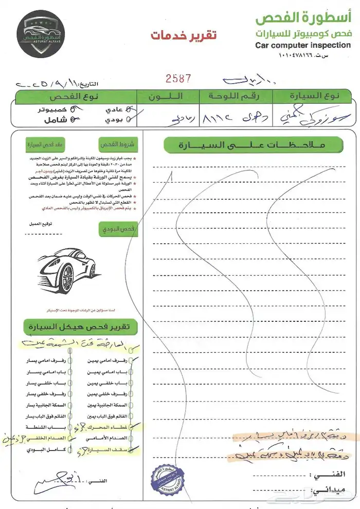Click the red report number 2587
click(x=178, y=78)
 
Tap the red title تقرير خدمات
click(x=183, y=35)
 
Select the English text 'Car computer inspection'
click(x=303, y=45)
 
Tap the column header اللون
click(x=166, y=96)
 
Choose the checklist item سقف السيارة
click(x=105, y=449)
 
